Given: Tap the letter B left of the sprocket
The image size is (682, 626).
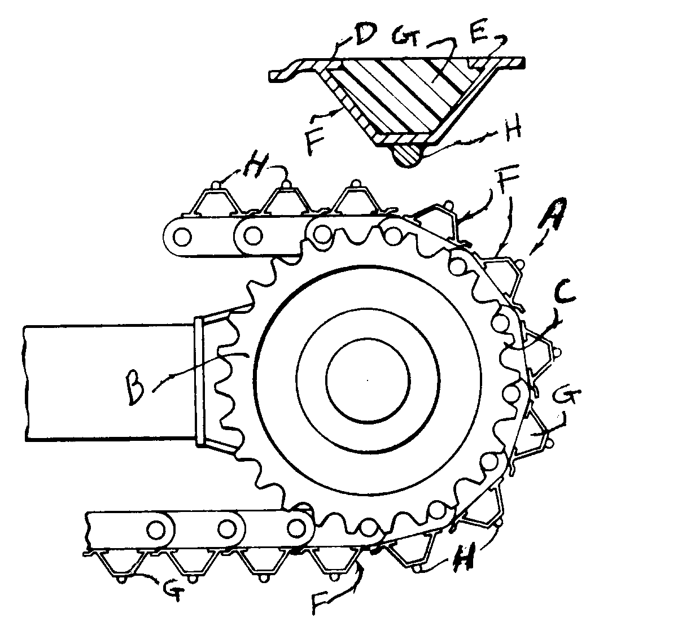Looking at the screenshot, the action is (135, 388).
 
